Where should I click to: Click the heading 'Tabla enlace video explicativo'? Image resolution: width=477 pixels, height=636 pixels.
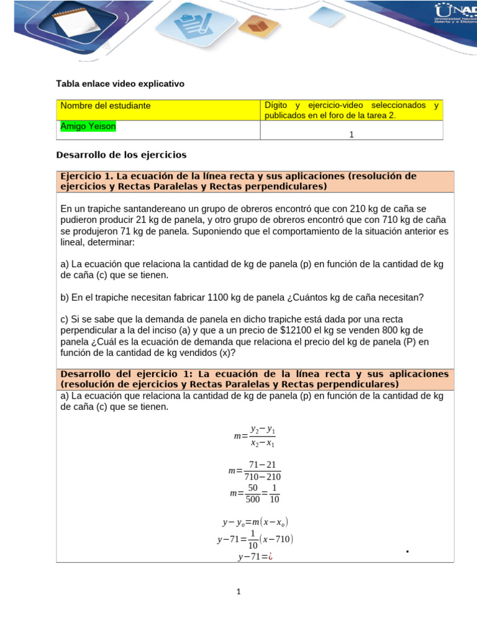tap(120, 83)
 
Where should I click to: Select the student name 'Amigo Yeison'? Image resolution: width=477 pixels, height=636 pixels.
tap(88, 126)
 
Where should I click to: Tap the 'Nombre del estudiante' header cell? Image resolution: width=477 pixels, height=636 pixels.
tap(105, 106)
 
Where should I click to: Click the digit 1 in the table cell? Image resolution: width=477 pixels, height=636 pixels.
tap(352, 134)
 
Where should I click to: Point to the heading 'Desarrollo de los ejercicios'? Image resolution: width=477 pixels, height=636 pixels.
tap(121, 155)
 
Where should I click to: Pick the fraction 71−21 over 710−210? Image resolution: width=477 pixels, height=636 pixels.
tap(262, 471)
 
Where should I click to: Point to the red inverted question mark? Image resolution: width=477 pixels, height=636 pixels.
tap(271, 557)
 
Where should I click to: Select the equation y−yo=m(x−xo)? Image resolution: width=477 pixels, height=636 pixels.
tap(255, 523)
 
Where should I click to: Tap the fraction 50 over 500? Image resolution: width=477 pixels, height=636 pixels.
tap(252, 494)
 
